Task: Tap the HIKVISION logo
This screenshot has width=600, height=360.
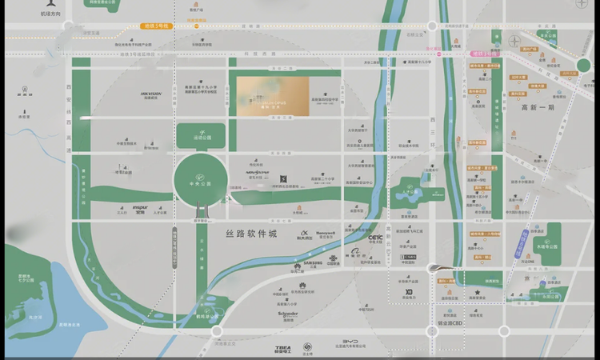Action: point(151,94)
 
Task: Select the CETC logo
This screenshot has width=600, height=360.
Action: point(376,237)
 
